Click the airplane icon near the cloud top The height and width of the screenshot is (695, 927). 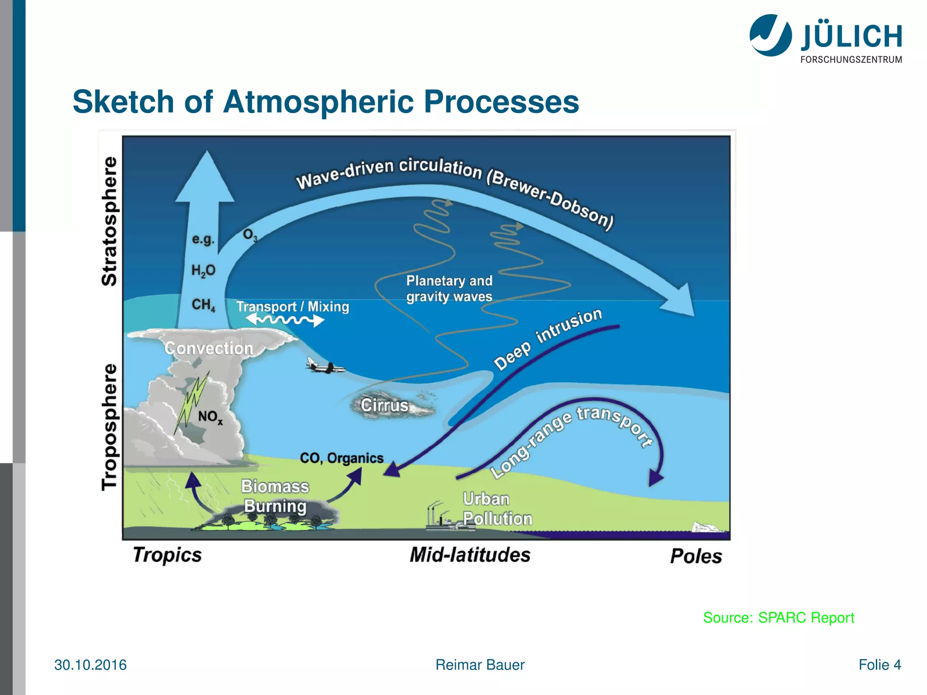(325, 366)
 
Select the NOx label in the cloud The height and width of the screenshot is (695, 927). (210, 417)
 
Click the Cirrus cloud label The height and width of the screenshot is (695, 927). (384, 405)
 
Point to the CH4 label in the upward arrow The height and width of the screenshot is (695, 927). (203, 305)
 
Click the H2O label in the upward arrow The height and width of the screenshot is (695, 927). (203, 271)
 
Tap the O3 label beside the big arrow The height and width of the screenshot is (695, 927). (250, 235)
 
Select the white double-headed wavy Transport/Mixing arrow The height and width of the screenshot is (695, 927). (285, 320)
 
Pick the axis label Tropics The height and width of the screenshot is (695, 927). (167, 555)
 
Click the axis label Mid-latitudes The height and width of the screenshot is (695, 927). (470, 555)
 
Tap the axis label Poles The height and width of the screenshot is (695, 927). (696, 556)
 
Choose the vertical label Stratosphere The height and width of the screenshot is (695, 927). (110, 221)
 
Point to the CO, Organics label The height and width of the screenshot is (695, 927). (341, 458)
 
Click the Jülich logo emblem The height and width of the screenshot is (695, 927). (770, 35)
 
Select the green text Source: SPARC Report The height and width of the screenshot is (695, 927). (778, 618)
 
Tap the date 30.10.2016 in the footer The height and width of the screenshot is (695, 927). (91, 665)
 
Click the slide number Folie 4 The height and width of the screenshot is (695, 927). (879, 665)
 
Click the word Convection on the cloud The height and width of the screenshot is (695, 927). (209, 348)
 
